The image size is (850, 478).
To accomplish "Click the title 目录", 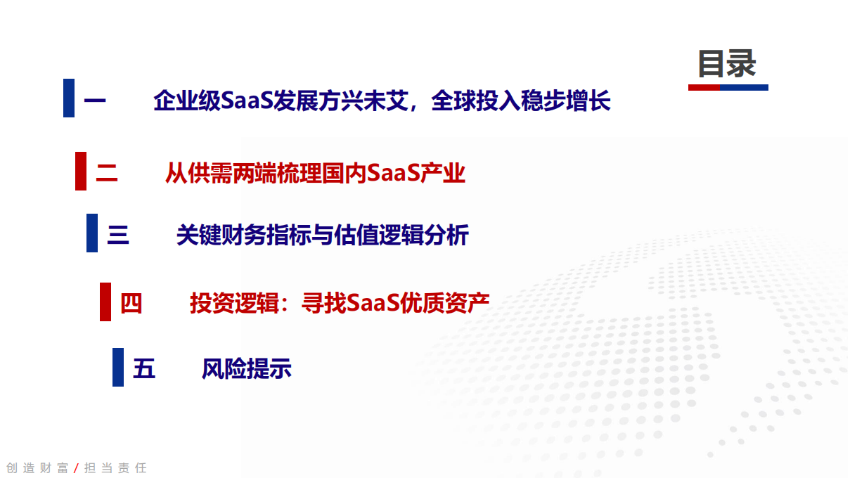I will (x=726, y=64).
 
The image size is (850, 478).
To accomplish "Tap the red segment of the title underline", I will (x=703, y=88).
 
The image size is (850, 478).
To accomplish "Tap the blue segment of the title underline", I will (x=744, y=88).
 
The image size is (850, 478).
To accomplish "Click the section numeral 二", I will (x=107, y=173).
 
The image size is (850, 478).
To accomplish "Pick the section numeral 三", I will (x=118, y=236).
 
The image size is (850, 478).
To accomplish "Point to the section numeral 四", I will (x=131, y=304).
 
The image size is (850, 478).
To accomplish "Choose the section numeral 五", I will (x=144, y=369).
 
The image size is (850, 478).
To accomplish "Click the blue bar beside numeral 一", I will (x=69, y=98).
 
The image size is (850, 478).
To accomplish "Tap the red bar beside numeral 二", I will (x=81, y=171).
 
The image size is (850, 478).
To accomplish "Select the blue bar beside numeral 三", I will (x=92, y=233).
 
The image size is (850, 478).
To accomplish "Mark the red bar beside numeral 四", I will (x=105, y=302).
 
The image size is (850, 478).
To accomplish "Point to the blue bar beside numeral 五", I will (x=118, y=367).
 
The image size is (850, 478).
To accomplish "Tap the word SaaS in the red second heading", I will (x=394, y=173).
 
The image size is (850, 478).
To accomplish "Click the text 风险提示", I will (x=246, y=369).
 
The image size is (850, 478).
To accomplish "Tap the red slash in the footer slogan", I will (x=76, y=468).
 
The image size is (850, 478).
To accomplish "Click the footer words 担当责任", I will (x=115, y=468).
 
